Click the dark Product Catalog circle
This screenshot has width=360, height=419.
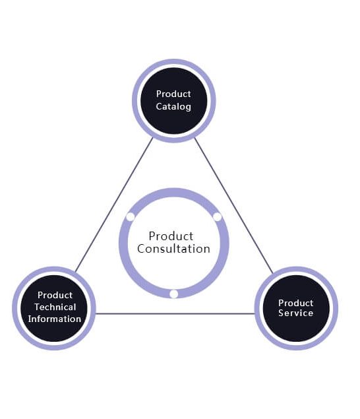pyautogui.click(x=174, y=101)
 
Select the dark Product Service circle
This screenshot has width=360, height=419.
pyautogui.click(x=295, y=308)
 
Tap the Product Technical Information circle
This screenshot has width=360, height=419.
pyautogui.click(x=54, y=307)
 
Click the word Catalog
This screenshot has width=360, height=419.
pyautogui.click(x=174, y=106)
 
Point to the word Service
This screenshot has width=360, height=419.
pyautogui.click(x=295, y=313)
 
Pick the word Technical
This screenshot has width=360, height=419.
pyautogui.click(x=55, y=307)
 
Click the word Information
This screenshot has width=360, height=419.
pyautogui.click(x=55, y=319)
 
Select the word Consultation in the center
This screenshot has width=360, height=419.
pyautogui.click(x=174, y=249)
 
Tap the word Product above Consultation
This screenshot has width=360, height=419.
pyautogui.click(x=171, y=236)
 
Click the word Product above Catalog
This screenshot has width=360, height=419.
pyautogui.click(x=174, y=94)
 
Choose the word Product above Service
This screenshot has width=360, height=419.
pyautogui.click(x=295, y=303)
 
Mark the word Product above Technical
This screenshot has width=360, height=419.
pyautogui.click(x=55, y=295)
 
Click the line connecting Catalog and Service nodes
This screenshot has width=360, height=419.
pyautogui.click(x=233, y=205)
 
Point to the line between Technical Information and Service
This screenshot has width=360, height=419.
pyautogui.click(x=175, y=313)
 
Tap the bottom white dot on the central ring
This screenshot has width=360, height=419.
pyautogui.click(x=174, y=294)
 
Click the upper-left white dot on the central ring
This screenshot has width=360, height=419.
pyautogui.click(x=131, y=216)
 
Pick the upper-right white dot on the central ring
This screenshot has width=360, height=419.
pyautogui.click(x=218, y=216)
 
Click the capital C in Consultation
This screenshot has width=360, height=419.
pyautogui.click(x=141, y=249)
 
